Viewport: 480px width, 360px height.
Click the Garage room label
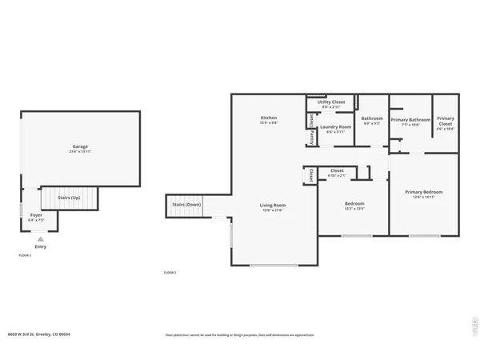tap(80, 147)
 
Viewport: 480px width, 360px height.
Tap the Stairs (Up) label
tap(70, 197)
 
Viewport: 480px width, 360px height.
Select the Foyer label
tap(37, 215)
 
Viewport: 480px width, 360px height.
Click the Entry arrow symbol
tap(40, 238)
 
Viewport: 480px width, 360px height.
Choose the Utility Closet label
tap(330, 102)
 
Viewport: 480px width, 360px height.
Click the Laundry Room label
tap(335, 127)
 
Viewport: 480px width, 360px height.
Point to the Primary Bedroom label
tap(423, 193)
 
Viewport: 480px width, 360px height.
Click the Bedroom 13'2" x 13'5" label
tap(354, 204)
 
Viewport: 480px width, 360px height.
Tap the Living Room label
tap(273, 206)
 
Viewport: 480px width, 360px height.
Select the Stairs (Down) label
tap(186, 205)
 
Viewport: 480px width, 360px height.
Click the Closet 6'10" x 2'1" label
tap(337, 171)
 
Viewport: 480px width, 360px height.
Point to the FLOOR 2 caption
tap(169, 273)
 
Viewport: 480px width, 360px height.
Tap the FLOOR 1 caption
tap(25, 254)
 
